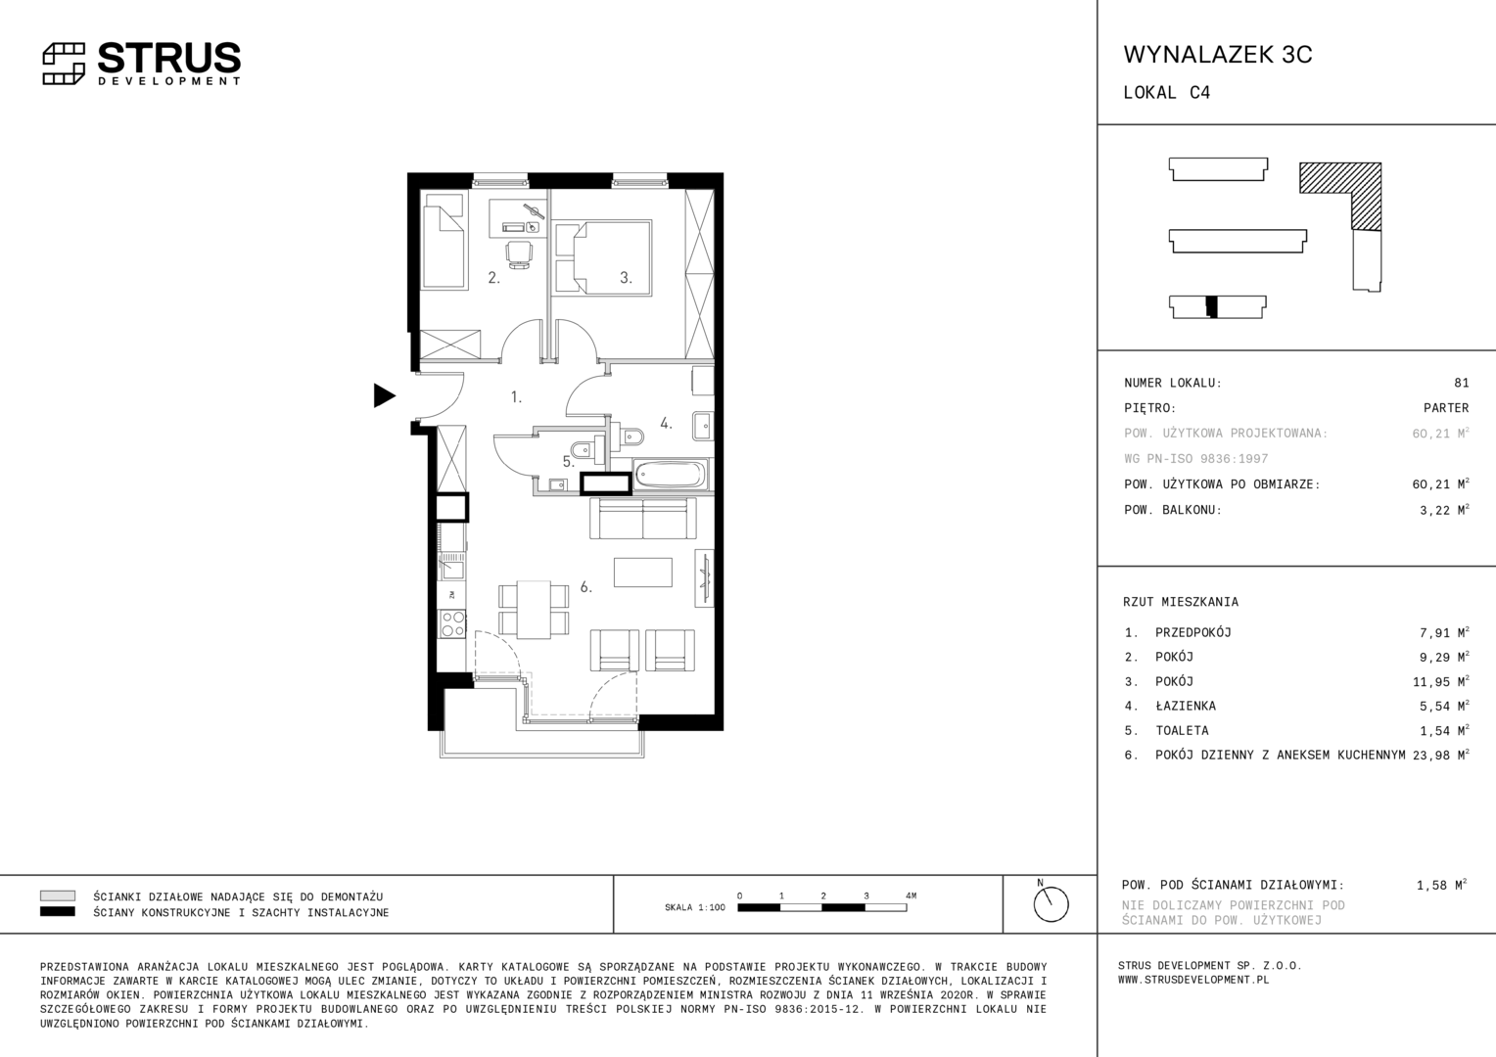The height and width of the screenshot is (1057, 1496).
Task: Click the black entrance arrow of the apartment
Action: pyautogui.click(x=384, y=395)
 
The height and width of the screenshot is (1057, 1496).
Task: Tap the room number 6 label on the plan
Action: pyautogui.click(x=585, y=587)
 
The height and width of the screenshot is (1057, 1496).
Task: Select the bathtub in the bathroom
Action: pyautogui.click(x=670, y=475)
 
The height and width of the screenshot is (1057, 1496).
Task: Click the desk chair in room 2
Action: pyautogui.click(x=519, y=254)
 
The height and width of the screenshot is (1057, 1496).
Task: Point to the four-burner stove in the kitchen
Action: pyautogui.click(x=452, y=623)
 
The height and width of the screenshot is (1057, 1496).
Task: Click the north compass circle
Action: pyautogui.click(x=1051, y=904)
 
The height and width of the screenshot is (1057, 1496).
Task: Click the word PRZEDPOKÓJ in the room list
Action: pyautogui.click(x=1192, y=632)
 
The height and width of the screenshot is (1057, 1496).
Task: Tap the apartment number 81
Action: pyautogui.click(x=1462, y=383)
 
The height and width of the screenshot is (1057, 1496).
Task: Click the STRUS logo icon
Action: pyautogui.click(x=64, y=64)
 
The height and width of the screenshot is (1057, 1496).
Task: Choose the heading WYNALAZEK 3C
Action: pyautogui.click(x=1218, y=55)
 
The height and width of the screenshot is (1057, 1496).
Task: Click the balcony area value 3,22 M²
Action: pyautogui.click(x=1444, y=510)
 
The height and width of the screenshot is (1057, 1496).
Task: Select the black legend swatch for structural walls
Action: pyautogui.click(x=58, y=912)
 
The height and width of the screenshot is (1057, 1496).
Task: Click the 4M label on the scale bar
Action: pyautogui.click(x=911, y=896)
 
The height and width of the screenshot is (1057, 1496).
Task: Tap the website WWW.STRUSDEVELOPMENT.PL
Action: pyautogui.click(x=1193, y=980)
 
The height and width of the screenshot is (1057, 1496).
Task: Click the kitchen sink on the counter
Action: pyautogui.click(x=451, y=570)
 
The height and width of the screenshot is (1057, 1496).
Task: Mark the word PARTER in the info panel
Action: pyautogui.click(x=1446, y=408)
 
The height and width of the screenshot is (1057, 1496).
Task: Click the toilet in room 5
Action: pyautogui.click(x=584, y=450)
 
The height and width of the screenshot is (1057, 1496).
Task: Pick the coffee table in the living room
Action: pyautogui.click(x=642, y=573)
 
